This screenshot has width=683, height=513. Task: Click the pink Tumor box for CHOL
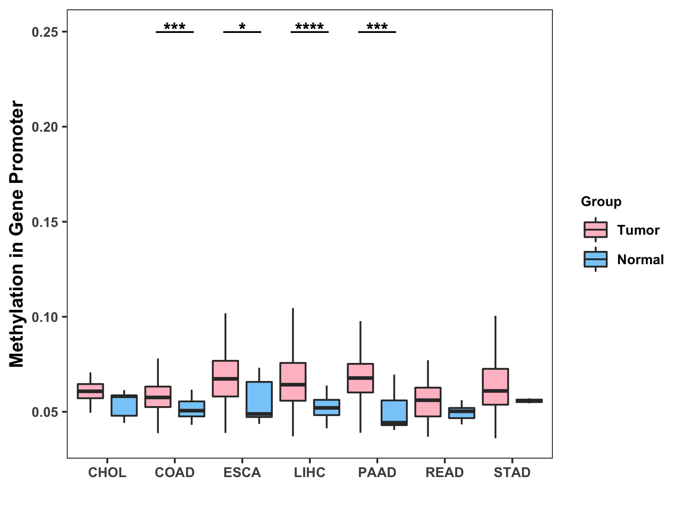pyautogui.click(x=90, y=391)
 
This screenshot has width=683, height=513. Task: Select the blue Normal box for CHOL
pyautogui.click(x=124, y=405)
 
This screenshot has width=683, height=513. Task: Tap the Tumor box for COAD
pyautogui.click(x=158, y=397)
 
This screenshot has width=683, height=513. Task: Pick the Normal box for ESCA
pyautogui.click(x=259, y=399)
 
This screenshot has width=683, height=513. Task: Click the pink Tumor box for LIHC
pyautogui.click(x=293, y=382)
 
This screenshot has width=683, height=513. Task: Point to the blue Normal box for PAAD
pyautogui.click(x=394, y=413)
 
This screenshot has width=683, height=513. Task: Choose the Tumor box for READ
pyautogui.click(x=428, y=402)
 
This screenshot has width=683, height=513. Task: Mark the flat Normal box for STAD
pyautogui.click(x=529, y=401)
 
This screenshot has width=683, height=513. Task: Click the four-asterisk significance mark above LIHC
pyautogui.click(x=309, y=27)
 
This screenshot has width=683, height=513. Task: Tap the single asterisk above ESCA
pyautogui.click(x=242, y=27)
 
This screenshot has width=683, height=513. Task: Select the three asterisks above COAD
pyautogui.click(x=175, y=27)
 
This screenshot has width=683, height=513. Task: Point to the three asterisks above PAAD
pyautogui.click(x=377, y=27)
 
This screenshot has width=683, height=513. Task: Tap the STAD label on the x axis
pyautogui.click(x=512, y=472)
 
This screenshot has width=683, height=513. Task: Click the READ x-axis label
pyautogui.click(x=444, y=472)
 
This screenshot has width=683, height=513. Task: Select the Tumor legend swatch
pyautogui.click(x=595, y=230)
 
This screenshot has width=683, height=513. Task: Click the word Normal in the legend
pyautogui.click(x=640, y=259)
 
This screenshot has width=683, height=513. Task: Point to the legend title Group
pyautogui.click(x=601, y=201)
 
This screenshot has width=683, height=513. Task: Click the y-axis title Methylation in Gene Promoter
pyautogui.click(x=17, y=234)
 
